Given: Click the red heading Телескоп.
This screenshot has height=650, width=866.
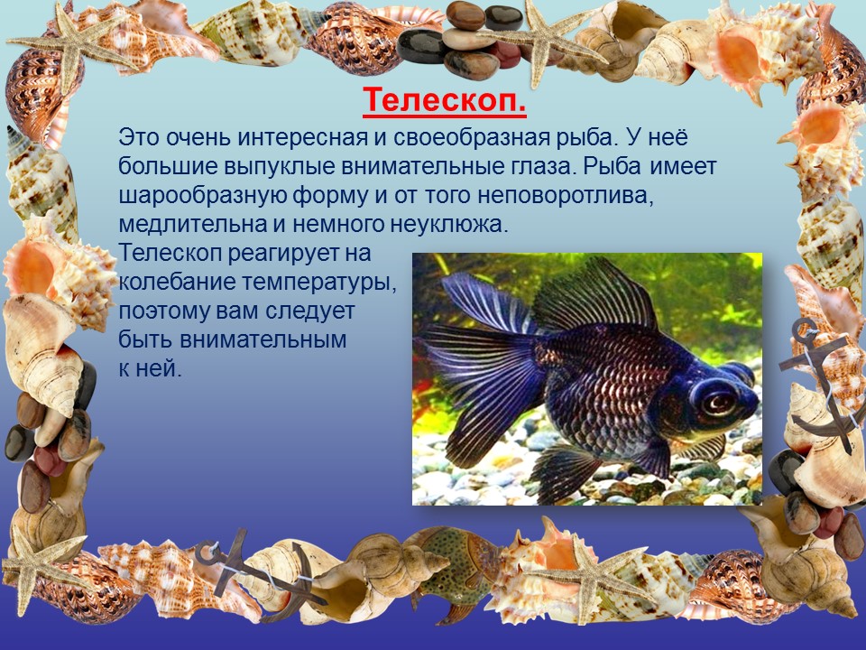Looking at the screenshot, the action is click(x=445, y=100).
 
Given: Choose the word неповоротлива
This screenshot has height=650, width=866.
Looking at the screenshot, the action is click(x=566, y=196).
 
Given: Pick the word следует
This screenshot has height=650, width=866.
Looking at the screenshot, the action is click(x=309, y=311).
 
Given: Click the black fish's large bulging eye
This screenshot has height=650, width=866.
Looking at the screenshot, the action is click(x=716, y=399).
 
